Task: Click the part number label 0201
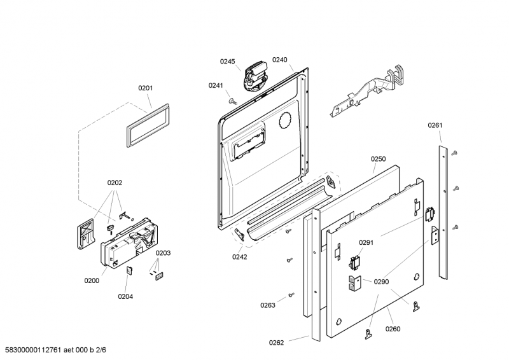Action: click(x=146, y=88)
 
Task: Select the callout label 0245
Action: click(x=227, y=61)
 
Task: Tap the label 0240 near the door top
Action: click(x=280, y=60)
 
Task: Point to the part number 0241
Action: click(x=216, y=85)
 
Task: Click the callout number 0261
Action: click(x=435, y=125)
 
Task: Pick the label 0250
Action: click(x=379, y=159)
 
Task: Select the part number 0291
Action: click(x=365, y=242)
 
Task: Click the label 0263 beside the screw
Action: click(x=267, y=305)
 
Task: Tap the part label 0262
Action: click(x=276, y=343)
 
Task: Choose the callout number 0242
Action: click(x=240, y=257)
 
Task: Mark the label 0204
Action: click(x=125, y=296)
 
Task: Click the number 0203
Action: click(x=163, y=253)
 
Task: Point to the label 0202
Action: click(x=115, y=183)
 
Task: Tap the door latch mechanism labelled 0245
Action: click(x=255, y=76)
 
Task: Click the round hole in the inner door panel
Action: click(x=285, y=118)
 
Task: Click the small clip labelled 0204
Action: click(x=129, y=270)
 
